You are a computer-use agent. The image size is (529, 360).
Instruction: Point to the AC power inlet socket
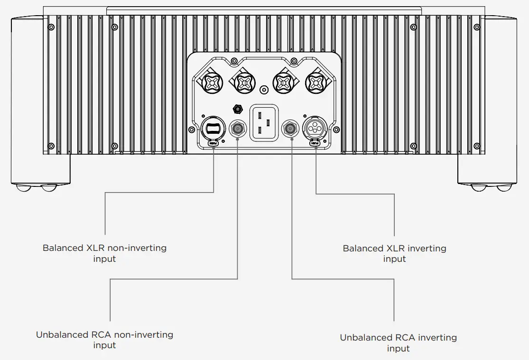(264, 122)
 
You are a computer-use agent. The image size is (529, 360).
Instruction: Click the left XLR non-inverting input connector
(212, 128)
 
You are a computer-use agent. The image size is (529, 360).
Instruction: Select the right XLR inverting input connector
(315, 128)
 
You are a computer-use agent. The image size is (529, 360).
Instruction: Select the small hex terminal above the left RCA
(235, 109)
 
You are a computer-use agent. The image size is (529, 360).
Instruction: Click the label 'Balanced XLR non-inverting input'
(104, 253)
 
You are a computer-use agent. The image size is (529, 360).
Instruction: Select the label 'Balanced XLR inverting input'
(394, 253)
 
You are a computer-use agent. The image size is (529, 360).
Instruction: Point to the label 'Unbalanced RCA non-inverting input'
(104, 340)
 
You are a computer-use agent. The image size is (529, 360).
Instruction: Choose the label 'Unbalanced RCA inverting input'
(398, 343)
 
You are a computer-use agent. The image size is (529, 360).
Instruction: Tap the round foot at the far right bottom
(504, 188)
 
